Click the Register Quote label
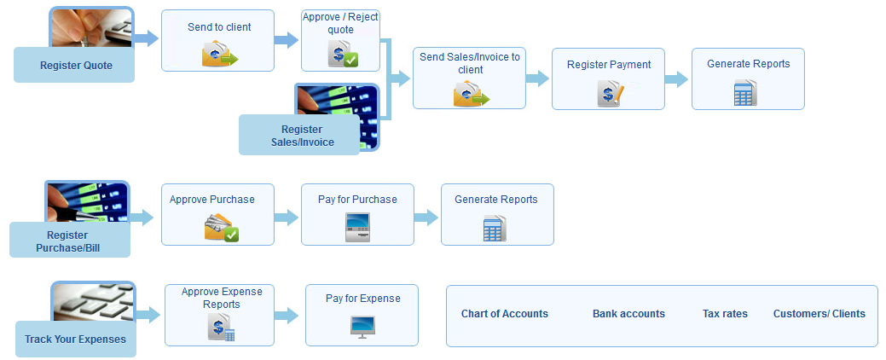coord(76,66)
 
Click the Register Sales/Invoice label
coord(302,136)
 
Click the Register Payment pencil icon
coord(611,93)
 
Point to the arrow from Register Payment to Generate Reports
coord(676,78)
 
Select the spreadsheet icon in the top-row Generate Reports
coord(745,93)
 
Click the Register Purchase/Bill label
coord(68,241)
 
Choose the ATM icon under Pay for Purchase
coord(357,227)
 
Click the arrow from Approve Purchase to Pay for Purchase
coord(287,217)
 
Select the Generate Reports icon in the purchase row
coord(495,228)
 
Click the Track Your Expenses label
coord(75,340)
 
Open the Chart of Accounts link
coord(505,314)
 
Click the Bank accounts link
coord(629,314)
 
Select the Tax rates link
coord(725,314)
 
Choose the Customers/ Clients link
coord(819,314)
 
